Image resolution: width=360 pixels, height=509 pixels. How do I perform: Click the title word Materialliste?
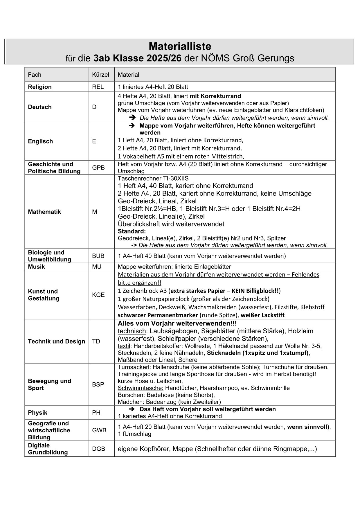click(180, 46)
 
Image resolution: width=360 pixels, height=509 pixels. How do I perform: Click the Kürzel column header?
click(100, 75)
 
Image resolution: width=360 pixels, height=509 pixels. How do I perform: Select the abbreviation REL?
click(98, 87)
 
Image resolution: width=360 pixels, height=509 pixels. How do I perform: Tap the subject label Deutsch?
click(40, 107)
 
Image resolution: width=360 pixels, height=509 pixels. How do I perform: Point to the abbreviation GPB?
click(98, 168)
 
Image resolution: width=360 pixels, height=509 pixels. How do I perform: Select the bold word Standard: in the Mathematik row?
click(132, 231)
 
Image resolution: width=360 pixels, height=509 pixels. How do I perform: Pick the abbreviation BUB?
click(98, 256)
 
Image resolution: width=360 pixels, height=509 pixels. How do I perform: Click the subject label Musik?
click(36, 267)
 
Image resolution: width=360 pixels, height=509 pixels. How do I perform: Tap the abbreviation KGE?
click(98, 295)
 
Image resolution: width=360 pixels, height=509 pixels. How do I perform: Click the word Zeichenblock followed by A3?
click(136, 291)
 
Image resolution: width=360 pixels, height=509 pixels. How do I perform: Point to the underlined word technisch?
click(132, 331)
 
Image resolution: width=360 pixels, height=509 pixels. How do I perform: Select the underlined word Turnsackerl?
click(133, 367)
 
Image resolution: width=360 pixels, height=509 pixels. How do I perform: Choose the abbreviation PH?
click(96, 413)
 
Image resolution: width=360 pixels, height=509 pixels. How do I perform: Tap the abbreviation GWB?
click(99, 430)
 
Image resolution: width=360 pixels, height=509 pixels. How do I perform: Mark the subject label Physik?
click(37, 413)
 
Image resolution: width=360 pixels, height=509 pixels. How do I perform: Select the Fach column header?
click(35, 75)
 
